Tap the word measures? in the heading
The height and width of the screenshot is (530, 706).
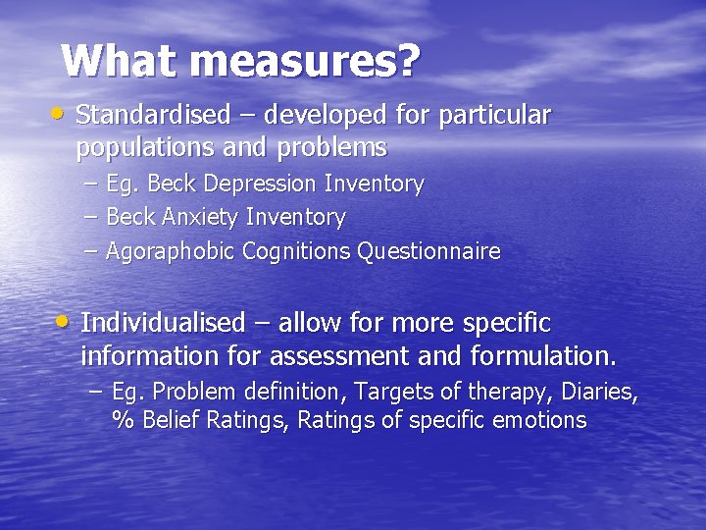click(305, 61)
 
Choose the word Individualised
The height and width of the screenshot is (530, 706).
click(162, 323)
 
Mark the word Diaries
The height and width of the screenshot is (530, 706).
click(602, 393)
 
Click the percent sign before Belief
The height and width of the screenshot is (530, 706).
click(124, 421)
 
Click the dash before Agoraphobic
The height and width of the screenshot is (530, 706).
click(91, 251)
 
